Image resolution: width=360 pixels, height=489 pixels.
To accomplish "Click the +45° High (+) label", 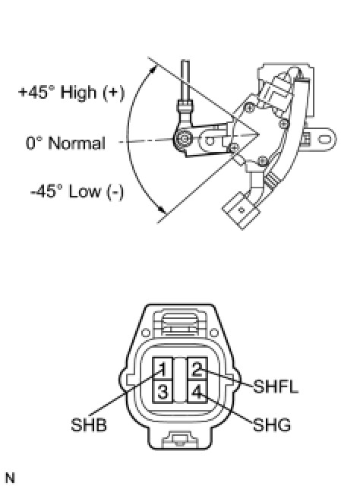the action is pos(71,93).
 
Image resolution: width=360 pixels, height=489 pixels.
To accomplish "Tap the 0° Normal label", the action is pos(65,144).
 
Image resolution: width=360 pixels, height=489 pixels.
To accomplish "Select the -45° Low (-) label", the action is pos(77,191).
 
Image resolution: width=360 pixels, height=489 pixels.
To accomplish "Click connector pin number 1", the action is pos(163,368).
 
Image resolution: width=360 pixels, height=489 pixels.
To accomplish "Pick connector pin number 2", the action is pos(197,368).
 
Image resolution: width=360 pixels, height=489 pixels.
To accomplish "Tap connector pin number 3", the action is pos(163,391).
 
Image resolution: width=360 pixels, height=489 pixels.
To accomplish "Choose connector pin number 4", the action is pos(197,391).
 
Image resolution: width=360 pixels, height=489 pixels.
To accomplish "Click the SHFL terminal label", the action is pos(276,386).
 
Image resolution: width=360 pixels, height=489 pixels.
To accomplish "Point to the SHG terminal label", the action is pos(272,424).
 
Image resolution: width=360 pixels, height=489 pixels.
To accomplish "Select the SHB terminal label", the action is pos(89,424).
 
